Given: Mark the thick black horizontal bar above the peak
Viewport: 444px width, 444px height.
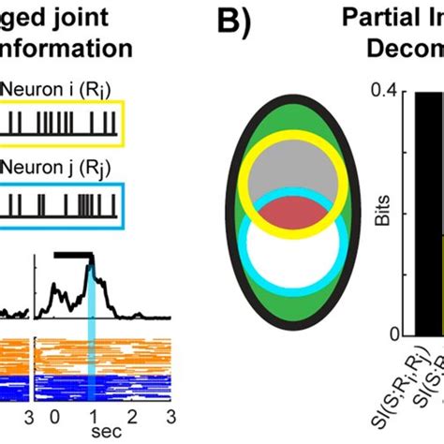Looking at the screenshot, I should (x=74, y=254).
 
